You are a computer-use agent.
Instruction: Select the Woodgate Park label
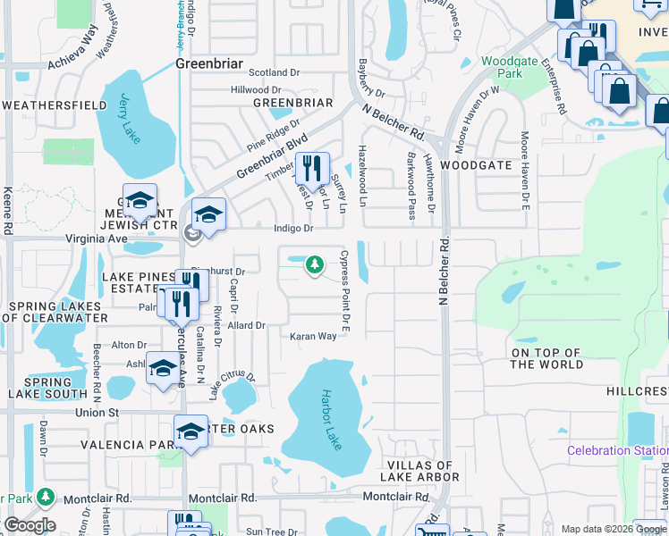tap(502, 67)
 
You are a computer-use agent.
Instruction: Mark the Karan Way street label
tap(312, 337)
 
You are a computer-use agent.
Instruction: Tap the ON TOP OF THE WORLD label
tap(546, 358)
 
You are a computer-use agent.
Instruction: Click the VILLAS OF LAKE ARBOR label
tap(422, 471)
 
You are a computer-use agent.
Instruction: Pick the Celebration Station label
tap(617, 450)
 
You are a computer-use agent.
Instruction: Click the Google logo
tap(29, 524)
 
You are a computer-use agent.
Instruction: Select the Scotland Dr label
tap(260, 72)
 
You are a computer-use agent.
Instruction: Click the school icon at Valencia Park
tap(191, 431)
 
